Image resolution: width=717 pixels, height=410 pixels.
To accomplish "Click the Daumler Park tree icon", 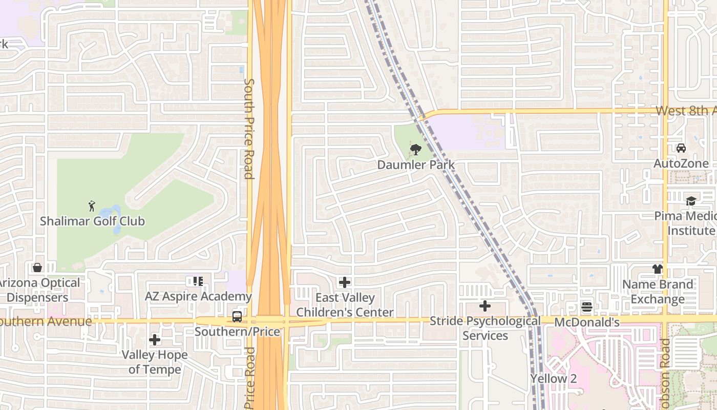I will pos(416,150).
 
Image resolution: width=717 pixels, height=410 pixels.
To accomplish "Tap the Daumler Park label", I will pos(416,165).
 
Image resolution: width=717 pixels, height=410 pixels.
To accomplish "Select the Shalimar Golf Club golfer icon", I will pos(92,206).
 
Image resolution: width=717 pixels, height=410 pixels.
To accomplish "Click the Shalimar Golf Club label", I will pos(93,221).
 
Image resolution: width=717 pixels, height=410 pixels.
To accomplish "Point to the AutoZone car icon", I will pos(681,148).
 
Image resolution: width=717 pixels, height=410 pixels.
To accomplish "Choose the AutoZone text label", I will pos(681,163).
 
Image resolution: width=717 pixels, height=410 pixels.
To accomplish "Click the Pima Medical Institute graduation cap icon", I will pos(691,200).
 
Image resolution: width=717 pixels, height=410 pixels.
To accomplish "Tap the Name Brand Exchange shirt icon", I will pos(658,269).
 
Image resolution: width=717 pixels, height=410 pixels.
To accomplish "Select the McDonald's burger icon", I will pos(587,307).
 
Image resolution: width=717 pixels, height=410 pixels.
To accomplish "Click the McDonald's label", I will pos(587,322).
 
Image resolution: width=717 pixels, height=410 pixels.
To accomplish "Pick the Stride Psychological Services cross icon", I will pos(485,306).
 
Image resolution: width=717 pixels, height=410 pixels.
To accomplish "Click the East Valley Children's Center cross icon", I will pos(345,282).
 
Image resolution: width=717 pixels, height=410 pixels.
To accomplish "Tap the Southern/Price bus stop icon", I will pos(237,316).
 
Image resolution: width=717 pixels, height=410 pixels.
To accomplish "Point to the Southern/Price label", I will pos(237,332).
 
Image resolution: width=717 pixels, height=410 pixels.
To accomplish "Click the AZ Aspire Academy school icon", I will pos(198,281).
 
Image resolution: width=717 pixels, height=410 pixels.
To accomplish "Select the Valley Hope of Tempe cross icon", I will pos(155,339).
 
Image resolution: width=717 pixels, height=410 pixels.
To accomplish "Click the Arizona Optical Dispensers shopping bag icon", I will pos(37,268).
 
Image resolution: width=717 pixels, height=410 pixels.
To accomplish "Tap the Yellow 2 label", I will pos(553,379).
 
